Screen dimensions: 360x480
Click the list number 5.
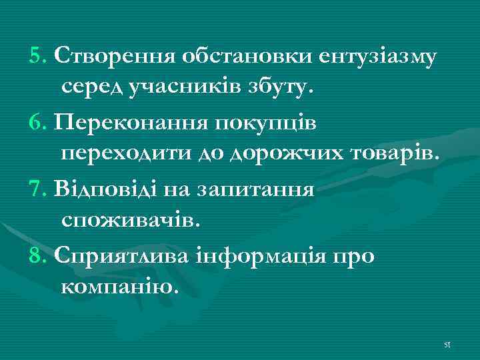[x=37, y=55]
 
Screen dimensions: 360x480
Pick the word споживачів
[x=129, y=219]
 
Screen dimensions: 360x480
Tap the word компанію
[x=120, y=288]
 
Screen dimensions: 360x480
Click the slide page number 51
[x=447, y=345]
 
